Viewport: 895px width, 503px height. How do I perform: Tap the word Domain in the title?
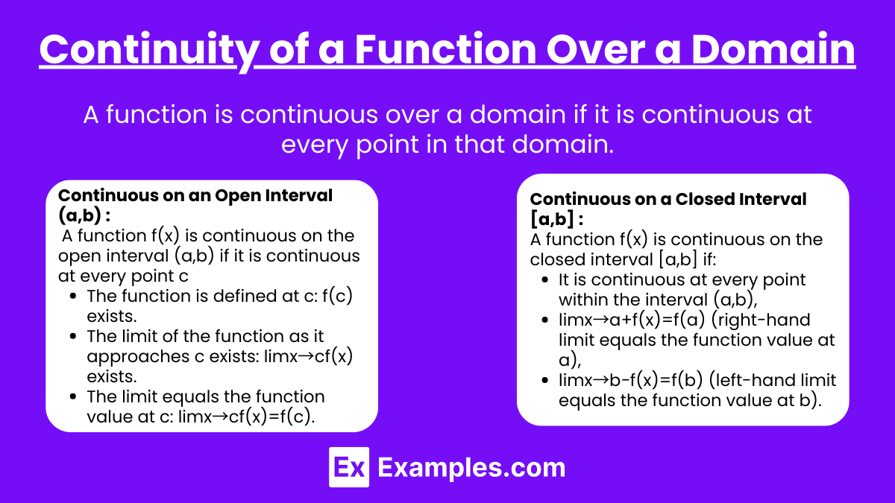pos(773,49)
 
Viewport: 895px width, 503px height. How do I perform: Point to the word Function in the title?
pos(445,49)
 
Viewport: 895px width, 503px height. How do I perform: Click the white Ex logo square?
pos(349,467)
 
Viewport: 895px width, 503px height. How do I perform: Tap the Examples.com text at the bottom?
pos(471,468)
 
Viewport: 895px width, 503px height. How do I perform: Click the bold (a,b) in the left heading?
pos(79,215)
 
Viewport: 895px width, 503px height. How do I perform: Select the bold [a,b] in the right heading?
pos(552,219)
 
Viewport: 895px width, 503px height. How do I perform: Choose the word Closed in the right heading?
pos(704,199)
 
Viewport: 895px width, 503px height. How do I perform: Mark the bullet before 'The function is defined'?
pos(73,297)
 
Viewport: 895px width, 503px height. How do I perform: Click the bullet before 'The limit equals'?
pos(73,396)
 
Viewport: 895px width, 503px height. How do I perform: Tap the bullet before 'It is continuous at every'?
pos(544,279)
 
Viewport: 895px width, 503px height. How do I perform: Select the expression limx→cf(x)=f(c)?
pos(247,417)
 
